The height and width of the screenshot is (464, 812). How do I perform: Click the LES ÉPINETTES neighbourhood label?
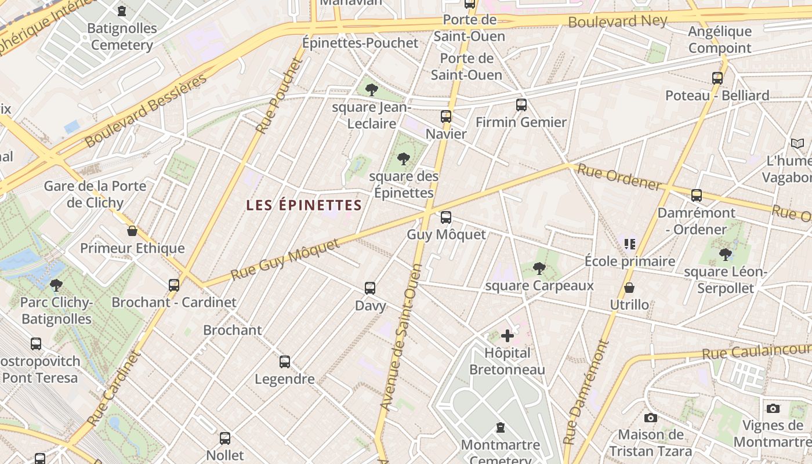(x=304, y=205)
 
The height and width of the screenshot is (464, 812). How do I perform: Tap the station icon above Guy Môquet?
(x=445, y=217)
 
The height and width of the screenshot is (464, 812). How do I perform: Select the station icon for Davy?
(x=370, y=288)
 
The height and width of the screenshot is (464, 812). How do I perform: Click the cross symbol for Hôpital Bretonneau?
(x=507, y=335)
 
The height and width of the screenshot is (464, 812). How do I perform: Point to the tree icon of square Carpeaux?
(x=539, y=268)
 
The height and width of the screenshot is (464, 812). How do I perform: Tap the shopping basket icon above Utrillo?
(x=629, y=288)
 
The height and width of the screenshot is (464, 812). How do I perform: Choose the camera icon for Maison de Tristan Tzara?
(x=651, y=418)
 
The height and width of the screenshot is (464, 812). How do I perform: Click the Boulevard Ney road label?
(x=618, y=21)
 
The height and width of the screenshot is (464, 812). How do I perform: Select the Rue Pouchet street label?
(x=279, y=96)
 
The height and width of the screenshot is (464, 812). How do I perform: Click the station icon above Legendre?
(x=285, y=362)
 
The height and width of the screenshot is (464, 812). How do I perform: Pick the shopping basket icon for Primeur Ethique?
(x=132, y=231)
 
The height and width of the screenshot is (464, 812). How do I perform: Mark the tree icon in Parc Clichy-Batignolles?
(x=56, y=285)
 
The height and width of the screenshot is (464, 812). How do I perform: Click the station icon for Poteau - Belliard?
(x=717, y=78)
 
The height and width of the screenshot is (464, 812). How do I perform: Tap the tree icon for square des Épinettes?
(x=404, y=158)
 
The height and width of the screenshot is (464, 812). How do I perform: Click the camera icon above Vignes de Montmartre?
(x=773, y=408)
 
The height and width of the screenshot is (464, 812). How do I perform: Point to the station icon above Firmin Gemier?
(x=521, y=105)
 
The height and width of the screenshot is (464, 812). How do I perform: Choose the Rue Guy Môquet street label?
(x=285, y=259)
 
